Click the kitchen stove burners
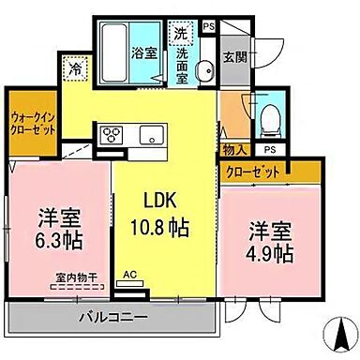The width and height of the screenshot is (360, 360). (x=111, y=132)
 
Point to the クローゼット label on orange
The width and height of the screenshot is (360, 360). (x=255, y=172)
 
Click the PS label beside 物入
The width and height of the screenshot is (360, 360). (x=270, y=149)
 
